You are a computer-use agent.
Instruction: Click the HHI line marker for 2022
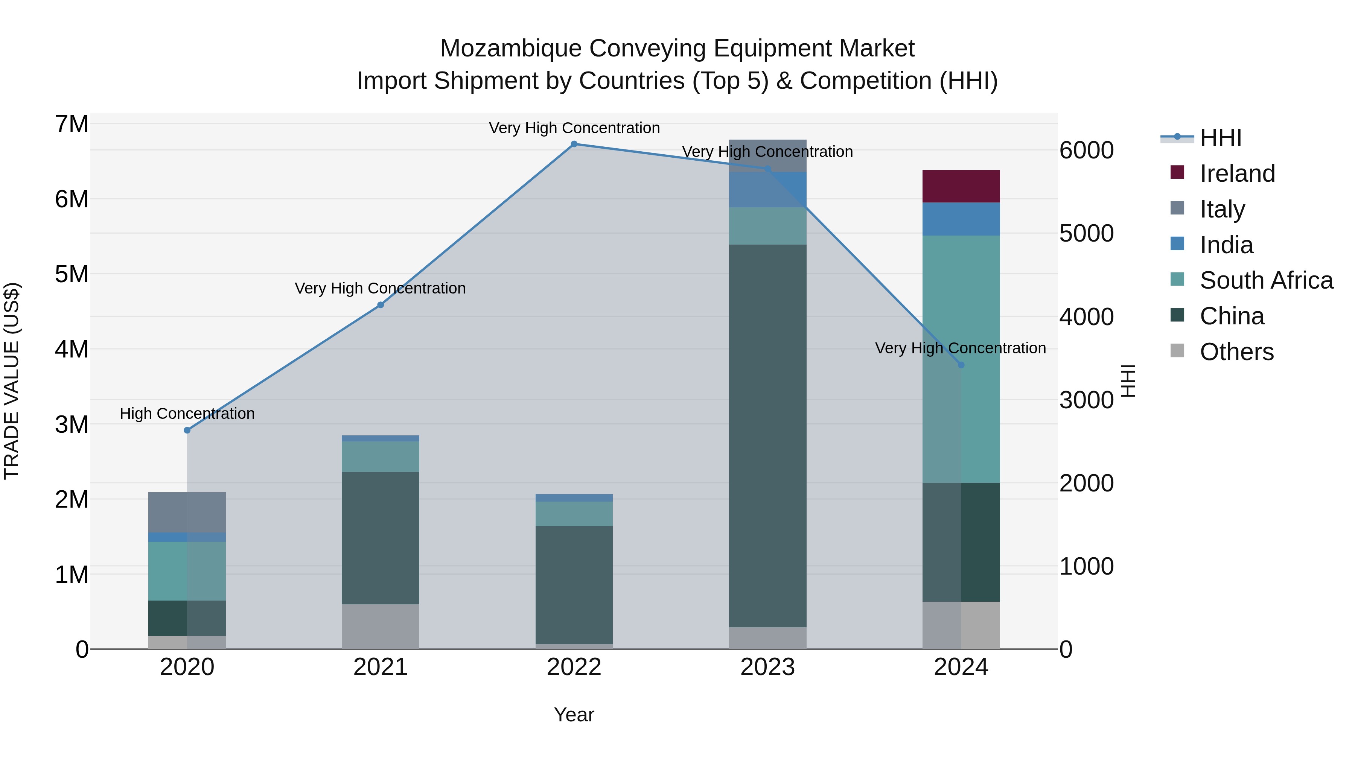coord(574,144)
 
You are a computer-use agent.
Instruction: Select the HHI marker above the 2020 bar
coord(187,430)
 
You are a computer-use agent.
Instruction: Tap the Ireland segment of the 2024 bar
coord(961,186)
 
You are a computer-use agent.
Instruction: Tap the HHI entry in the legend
coord(1220,138)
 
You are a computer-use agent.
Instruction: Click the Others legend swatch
coord(1177,351)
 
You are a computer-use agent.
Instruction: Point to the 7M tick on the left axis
coord(72,124)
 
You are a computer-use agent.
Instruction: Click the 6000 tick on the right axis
coord(1086,151)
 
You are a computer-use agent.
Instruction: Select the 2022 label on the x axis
coord(574,667)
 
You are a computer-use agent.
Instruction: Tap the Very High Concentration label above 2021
coord(380,288)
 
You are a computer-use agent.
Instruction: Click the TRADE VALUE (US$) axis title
coord(12,381)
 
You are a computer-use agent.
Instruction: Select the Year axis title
coord(574,715)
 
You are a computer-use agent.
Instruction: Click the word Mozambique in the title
coord(511,49)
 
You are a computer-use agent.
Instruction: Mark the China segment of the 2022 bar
coord(574,585)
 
